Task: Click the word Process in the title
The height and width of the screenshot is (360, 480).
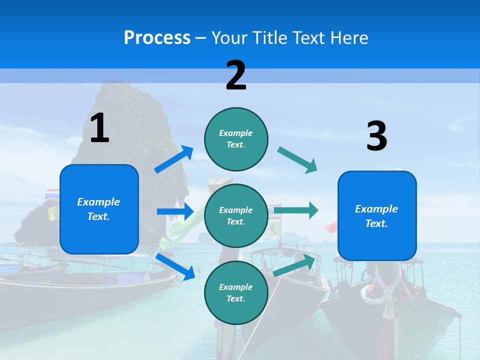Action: pyautogui.click(x=157, y=38)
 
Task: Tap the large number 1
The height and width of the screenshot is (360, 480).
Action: pyautogui.click(x=99, y=128)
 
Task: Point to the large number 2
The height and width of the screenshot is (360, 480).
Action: pyautogui.click(x=236, y=75)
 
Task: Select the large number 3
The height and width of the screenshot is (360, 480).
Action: pyautogui.click(x=376, y=136)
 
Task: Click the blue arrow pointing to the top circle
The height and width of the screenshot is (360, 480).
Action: pyautogui.click(x=173, y=159)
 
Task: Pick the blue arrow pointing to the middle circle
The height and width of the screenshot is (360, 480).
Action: pyautogui.click(x=175, y=211)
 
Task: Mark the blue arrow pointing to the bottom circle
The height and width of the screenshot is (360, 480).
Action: pyautogui.click(x=175, y=266)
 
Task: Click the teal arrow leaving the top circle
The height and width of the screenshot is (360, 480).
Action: pyautogui.click(x=297, y=160)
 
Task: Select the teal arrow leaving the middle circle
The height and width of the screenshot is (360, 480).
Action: pyautogui.click(x=296, y=210)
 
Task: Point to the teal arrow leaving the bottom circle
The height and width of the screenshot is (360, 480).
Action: pyautogui.click(x=294, y=265)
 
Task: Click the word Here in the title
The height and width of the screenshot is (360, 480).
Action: pyautogui.click(x=350, y=38)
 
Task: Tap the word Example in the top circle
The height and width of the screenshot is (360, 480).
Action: pyautogui.click(x=236, y=133)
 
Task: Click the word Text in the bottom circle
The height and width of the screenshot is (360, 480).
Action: pyautogui.click(x=234, y=298)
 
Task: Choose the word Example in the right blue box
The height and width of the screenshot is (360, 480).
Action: pyautogui.click(x=376, y=209)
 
